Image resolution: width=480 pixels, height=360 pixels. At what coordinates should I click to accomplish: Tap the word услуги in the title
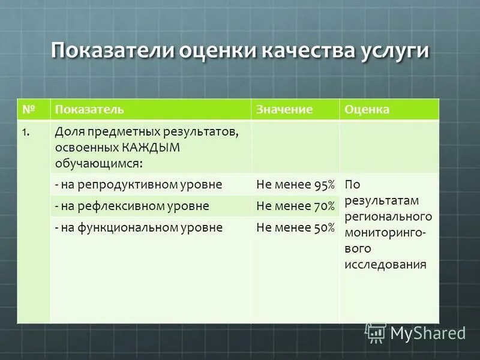click(x=395, y=52)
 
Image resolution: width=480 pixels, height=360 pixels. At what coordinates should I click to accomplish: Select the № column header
click(x=28, y=110)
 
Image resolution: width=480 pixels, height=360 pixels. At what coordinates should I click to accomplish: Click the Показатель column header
click(x=89, y=110)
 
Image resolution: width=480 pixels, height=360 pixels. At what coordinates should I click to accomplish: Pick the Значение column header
click(x=284, y=110)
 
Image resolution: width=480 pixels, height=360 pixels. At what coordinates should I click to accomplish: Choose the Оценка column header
click(x=367, y=110)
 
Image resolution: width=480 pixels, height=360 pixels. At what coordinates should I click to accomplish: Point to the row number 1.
click(x=25, y=132)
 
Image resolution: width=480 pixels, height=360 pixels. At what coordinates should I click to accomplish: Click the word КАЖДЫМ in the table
click(x=157, y=148)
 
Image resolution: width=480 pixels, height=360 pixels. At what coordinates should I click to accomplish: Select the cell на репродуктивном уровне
click(x=138, y=185)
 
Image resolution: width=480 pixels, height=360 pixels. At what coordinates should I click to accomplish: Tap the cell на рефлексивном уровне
click(x=131, y=206)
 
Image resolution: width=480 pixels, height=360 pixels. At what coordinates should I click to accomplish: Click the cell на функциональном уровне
click(x=139, y=227)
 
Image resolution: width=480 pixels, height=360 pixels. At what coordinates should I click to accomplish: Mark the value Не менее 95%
click(x=295, y=185)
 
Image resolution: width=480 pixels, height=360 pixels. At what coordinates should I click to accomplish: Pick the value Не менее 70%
click(x=295, y=206)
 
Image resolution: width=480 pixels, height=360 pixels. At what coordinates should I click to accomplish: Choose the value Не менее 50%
click(x=295, y=227)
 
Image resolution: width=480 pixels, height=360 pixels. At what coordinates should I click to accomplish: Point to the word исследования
click(x=385, y=263)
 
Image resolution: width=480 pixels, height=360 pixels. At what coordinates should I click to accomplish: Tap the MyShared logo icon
click(x=375, y=332)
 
